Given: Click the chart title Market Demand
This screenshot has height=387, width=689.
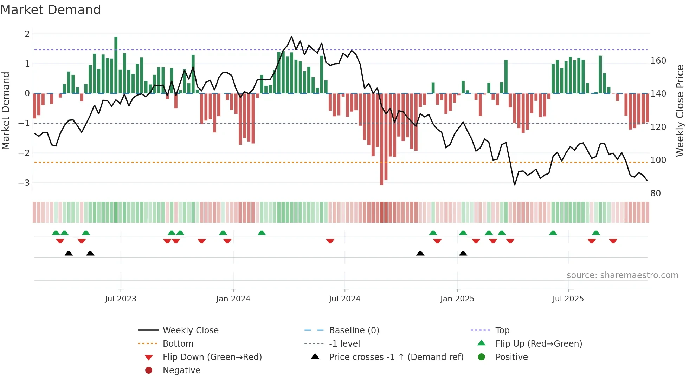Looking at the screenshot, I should pyautogui.click(x=51, y=10).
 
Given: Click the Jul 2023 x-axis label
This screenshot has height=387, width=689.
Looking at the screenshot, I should pyautogui.click(x=121, y=299).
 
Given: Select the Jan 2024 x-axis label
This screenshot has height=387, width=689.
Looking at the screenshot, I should pyautogui.click(x=233, y=299).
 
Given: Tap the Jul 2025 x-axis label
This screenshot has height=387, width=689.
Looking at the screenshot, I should pyautogui.click(x=568, y=299).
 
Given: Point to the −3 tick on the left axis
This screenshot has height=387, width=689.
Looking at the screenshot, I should pyautogui.click(x=24, y=183).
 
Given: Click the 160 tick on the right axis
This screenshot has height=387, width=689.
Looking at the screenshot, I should pyautogui.click(x=658, y=61).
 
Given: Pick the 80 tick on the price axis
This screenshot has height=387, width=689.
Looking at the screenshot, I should pyautogui.click(x=655, y=193).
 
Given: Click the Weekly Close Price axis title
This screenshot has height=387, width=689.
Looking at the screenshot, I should pyautogui.click(x=680, y=111).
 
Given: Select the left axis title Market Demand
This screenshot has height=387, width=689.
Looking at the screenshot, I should pyautogui.click(x=6, y=111).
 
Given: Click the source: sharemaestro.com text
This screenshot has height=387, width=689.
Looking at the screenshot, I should pyautogui.click(x=622, y=275).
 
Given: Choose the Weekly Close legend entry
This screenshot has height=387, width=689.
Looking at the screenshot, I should pyautogui.click(x=190, y=330).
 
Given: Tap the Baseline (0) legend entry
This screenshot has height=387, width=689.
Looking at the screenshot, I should pyautogui.click(x=354, y=330).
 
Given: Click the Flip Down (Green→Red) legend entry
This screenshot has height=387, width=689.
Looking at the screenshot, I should pyautogui.click(x=212, y=357).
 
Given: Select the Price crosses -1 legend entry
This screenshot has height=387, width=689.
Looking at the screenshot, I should pyautogui.click(x=396, y=357).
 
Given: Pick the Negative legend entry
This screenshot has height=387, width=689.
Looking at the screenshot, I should pyautogui.click(x=181, y=370).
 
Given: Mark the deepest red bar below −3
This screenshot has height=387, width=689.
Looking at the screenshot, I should pyautogui.click(x=382, y=140).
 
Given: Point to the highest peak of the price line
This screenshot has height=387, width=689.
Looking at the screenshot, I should pyautogui.click(x=291, y=37).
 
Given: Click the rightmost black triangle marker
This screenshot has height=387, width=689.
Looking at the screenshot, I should pyautogui.click(x=463, y=254).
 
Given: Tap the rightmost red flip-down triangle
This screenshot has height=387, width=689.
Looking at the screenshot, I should pyautogui.click(x=613, y=241).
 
